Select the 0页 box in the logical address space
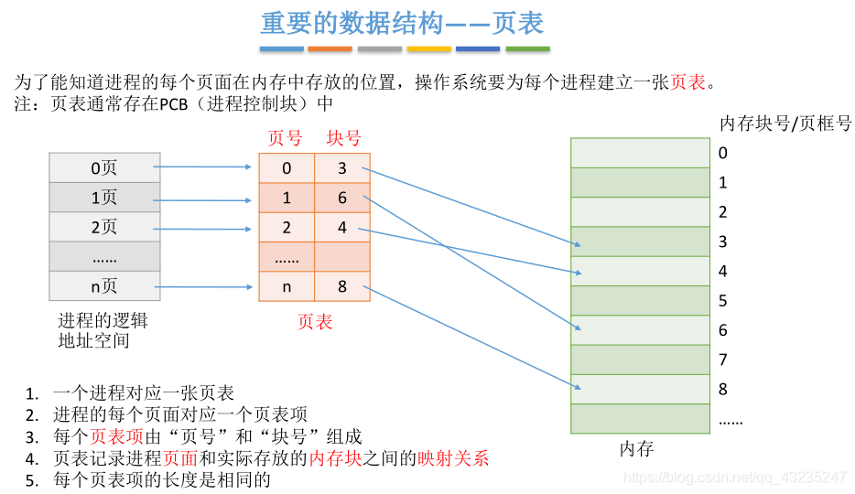(x=103, y=168)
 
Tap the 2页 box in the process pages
(x=103, y=227)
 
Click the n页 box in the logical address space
(x=103, y=286)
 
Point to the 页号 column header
(x=285, y=139)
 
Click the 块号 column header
(x=343, y=139)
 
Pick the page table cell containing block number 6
(x=342, y=198)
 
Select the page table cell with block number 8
(x=342, y=286)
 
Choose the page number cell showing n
(x=287, y=286)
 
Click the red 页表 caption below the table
(x=315, y=322)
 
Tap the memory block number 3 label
(x=723, y=242)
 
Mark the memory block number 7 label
(x=723, y=360)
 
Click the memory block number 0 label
(x=723, y=153)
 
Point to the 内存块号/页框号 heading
(x=786, y=123)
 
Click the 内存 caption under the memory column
(x=637, y=449)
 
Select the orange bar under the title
(x=330, y=48)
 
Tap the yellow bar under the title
(x=429, y=48)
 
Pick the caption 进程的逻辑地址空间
(x=102, y=331)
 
